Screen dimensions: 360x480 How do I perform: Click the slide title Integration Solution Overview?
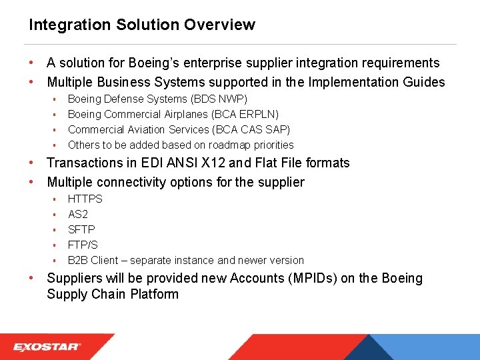point(141,25)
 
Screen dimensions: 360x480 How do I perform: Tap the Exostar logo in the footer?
point(47,347)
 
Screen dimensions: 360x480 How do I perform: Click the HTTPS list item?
point(85,199)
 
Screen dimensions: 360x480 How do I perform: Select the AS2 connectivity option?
point(78,214)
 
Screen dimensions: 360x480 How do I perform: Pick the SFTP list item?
point(81,229)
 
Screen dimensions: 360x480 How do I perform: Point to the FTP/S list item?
point(83,245)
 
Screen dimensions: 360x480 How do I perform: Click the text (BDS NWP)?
point(219,99)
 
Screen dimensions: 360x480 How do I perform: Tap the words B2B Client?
point(93,260)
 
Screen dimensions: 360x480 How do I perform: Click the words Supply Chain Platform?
point(113,294)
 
